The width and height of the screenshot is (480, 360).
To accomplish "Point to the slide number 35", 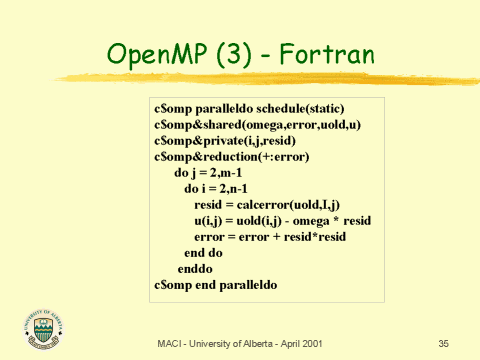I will (x=444, y=344).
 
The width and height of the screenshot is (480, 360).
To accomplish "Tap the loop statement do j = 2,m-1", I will (x=211, y=174).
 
